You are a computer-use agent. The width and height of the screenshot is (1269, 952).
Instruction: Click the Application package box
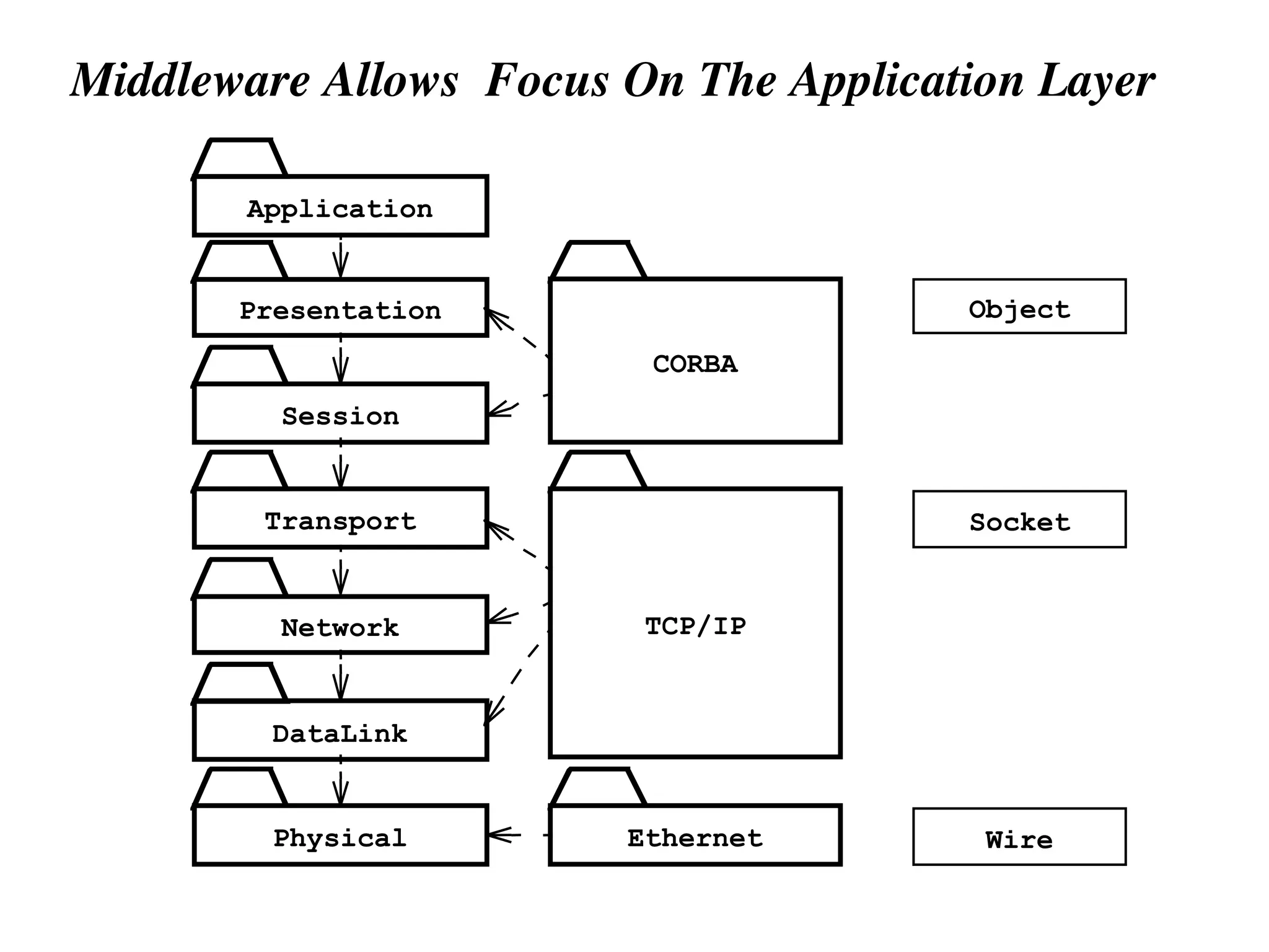pyautogui.click(x=340, y=206)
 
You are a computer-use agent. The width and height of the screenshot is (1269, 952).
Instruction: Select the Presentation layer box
pyautogui.click(x=340, y=308)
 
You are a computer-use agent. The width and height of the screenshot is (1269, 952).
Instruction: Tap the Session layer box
pyautogui.click(x=340, y=413)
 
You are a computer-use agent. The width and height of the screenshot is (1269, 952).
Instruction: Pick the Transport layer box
pyautogui.click(x=340, y=519)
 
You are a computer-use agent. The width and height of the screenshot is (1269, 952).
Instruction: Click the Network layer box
pyautogui.click(x=340, y=625)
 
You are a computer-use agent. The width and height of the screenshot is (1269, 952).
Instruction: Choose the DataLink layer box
pyautogui.click(x=340, y=731)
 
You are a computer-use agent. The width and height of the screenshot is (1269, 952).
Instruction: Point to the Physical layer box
pyautogui.click(x=340, y=835)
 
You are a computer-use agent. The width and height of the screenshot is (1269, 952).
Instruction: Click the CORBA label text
pyautogui.click(x=695, y=364)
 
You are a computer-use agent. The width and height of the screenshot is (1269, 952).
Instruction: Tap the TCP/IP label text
pyautogui.click(x=695, y=626)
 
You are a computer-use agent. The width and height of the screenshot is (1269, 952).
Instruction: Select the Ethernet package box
pyautogui.click(x=695, y=835)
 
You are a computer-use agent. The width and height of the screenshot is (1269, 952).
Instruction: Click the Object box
pyautogui.click(x=1019, y=307)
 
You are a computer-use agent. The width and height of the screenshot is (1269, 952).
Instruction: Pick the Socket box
pyautogui.click(x=1019, y=519)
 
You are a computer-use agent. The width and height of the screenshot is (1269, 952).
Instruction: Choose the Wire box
pyautogui.click(x=1019, y=837)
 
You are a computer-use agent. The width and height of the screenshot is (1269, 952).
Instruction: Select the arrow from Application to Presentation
pyautogui.click(x=340, y=257)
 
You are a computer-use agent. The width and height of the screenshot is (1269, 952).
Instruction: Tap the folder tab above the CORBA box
pyautogui.click(x=599, y=261)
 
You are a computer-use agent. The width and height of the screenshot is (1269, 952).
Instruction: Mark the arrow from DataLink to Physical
pyautogui.click(x=340, y=782)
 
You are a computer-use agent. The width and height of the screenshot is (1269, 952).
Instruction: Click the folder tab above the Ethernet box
pyautogui.click(x=599, y=787)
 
